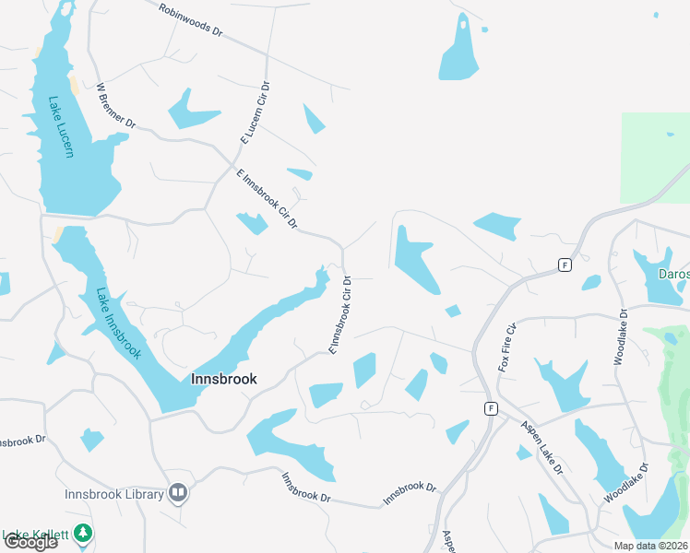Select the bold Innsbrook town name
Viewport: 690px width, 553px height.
223,379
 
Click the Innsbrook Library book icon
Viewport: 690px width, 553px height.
178,494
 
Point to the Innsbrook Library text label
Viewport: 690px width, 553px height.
114,494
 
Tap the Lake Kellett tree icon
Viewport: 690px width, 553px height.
83,534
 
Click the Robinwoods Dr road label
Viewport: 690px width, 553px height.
191,19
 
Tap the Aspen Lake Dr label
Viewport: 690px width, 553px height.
541,446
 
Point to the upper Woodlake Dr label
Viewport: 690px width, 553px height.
621,336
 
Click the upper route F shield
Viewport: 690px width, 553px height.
564,265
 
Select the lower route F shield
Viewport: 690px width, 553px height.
492,407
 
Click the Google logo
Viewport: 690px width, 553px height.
30,542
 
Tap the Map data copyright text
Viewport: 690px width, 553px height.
650,546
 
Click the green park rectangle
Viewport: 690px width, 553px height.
655,157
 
